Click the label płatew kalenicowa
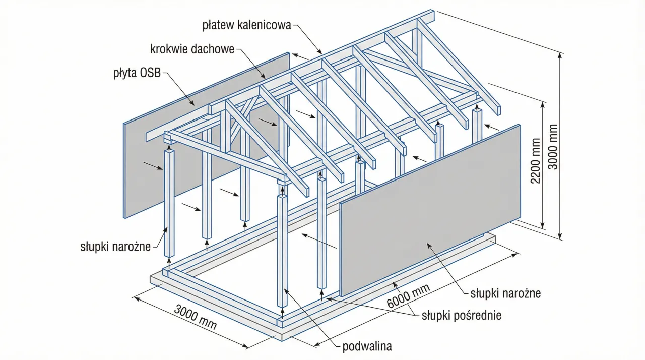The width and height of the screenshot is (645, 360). [246, 25]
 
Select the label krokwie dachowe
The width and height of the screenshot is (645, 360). [192, 49]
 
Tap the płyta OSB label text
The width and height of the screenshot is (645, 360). [137, 74]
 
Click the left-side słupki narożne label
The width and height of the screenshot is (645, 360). [115, 247]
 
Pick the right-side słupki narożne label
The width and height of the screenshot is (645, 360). [505, 293]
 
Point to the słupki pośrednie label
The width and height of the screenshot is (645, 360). [461, 316]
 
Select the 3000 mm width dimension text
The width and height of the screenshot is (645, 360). [195, 317]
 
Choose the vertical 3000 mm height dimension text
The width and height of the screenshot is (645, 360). [553, 146]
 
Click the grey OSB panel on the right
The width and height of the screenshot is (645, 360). [428, 212]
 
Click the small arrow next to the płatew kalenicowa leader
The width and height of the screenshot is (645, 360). [301, 57]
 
